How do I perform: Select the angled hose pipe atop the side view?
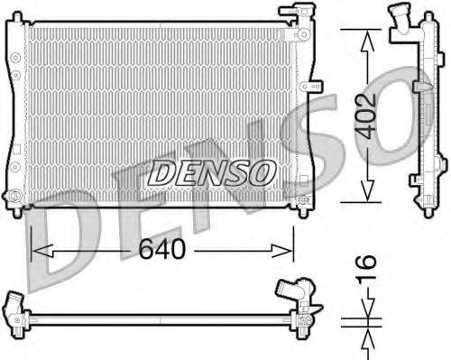(400, 22)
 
